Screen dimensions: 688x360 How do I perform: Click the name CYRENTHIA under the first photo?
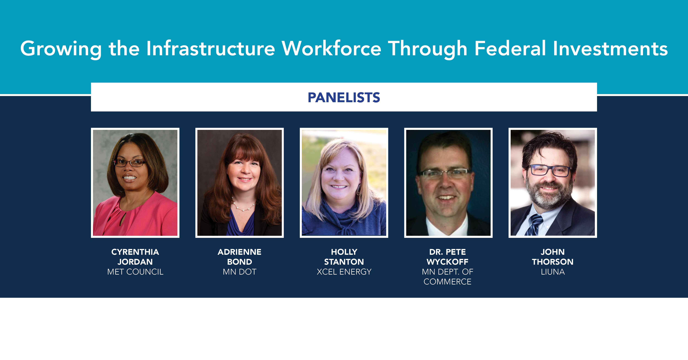pos(135,252)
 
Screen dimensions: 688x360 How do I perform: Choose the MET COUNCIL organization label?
pos(135,272)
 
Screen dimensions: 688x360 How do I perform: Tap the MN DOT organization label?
pos(240,272)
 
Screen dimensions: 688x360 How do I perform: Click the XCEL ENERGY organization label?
pos(344,272)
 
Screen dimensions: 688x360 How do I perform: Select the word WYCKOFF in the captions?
pos(448,262)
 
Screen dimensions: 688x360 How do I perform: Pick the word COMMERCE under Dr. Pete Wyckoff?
pos(448,282)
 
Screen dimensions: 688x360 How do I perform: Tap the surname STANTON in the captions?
pos(344,262)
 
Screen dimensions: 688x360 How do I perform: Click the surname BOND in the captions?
pos(240,262)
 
